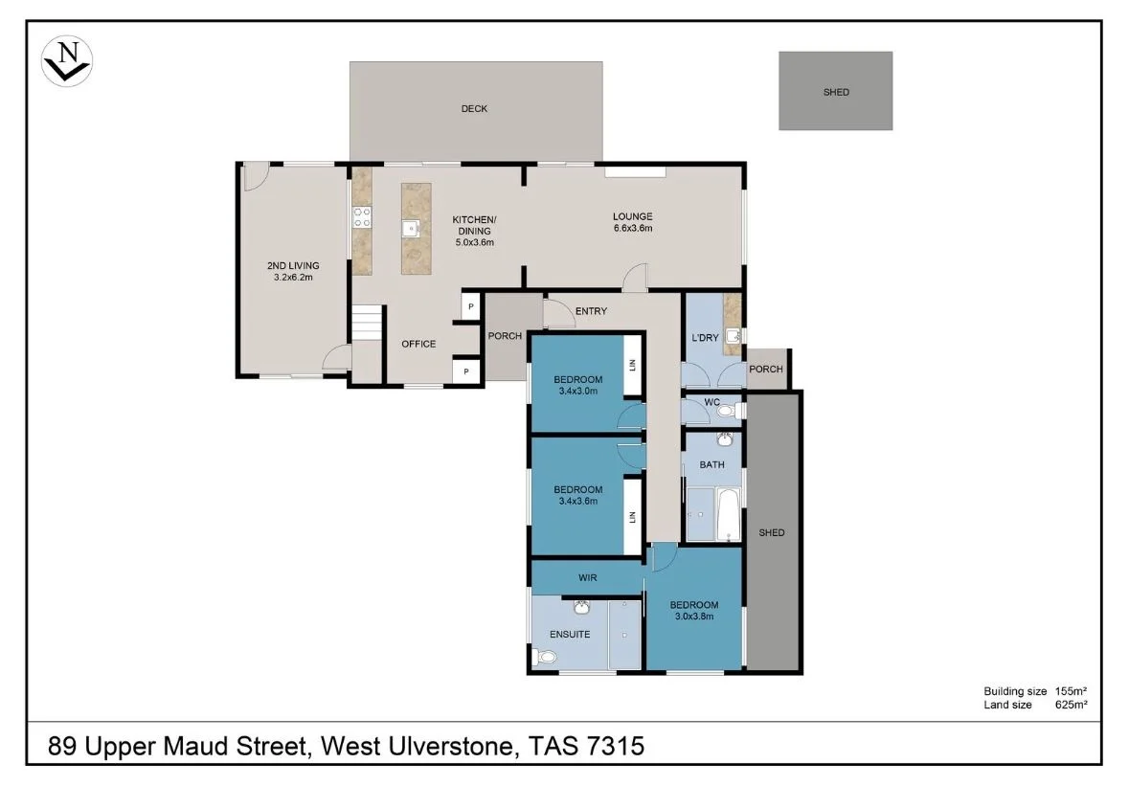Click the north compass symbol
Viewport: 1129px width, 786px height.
point(67,60)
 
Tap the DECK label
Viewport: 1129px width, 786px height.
point(474,108)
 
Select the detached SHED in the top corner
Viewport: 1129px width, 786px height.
point(835,91)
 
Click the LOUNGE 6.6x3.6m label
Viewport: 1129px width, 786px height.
point(632,222)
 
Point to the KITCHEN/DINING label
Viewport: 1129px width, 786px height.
point(473,231)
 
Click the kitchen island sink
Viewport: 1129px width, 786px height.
point(410,228)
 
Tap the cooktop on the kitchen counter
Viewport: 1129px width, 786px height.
point(363,217)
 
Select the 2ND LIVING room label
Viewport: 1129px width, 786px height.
point(293,271)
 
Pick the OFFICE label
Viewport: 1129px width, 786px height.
point(418,344)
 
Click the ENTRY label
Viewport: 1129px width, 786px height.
point(591,310)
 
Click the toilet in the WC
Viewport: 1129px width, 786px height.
point(727,412)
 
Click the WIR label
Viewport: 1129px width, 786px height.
point(588,577)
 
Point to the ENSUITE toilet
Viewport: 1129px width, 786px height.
point(544,658)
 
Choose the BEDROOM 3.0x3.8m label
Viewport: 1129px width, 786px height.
point(693,610)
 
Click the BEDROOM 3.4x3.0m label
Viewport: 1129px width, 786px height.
point(577,384)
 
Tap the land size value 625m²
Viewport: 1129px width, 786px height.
point(1071,705)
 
